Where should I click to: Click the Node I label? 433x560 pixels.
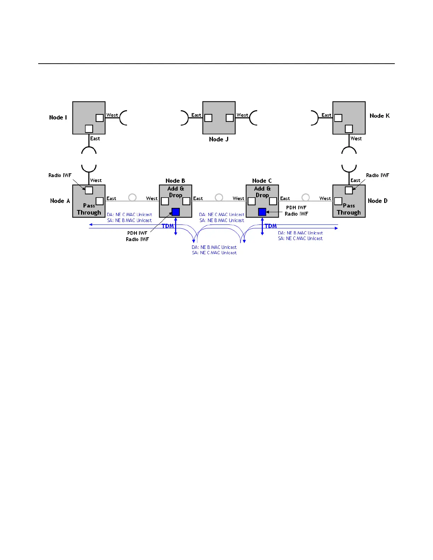(x=58, y=117)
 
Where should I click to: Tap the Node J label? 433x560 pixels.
(x=219, y=139)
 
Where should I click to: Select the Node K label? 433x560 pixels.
(x=380, y=116)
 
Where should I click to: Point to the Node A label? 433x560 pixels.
(x=60, y=201)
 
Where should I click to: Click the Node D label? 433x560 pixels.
(x=377, y=201)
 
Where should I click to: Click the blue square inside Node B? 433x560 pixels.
(x=175, y=212)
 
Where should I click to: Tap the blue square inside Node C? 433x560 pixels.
(x=262, y=212)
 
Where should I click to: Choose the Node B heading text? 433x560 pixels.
(x=175, y=181)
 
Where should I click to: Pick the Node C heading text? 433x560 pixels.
(x=262, y=181)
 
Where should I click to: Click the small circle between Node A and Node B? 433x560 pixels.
(x=132, y=197)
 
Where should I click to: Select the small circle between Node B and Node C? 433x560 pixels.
(x=219, y=197)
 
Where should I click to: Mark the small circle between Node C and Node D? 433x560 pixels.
(x=306, y=197)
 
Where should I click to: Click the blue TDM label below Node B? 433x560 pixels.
(x=168, y=226)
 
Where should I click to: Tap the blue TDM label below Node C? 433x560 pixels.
(x=271, y=226)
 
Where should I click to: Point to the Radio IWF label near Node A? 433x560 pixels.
(x=60, y=175)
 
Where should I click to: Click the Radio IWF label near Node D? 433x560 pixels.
(x=377, y=175)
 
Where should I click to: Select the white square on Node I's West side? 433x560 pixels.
(x=100, y=118)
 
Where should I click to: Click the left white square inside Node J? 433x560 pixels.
(x=208, y=118)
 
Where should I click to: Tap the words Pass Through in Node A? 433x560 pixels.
(x=89, y=209)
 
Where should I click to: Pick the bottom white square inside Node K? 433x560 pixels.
(x=349, y=129)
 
